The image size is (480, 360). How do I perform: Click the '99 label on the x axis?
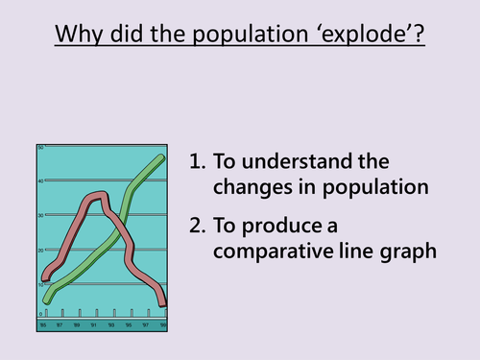[x=164, y=325]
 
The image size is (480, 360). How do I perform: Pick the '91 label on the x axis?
[x=94, y=325]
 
